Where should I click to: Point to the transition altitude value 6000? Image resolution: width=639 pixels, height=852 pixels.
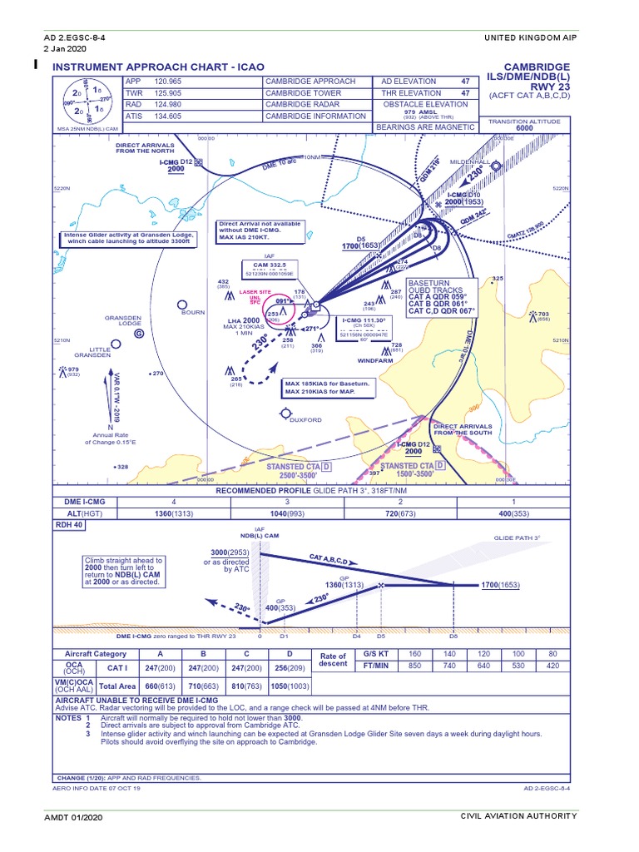pyautogui.click(x=524, y=128)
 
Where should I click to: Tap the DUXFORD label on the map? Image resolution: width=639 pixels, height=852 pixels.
pyautogui.click(x=305, y=420)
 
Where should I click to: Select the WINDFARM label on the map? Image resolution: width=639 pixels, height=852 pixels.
pyautogui.click(x=374, y=360)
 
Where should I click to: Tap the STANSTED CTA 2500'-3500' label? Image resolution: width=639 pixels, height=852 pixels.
pyautogui.click(x=297, y=471)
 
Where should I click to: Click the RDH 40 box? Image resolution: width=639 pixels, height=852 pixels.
pyautogui.click(x=69, y=526)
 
